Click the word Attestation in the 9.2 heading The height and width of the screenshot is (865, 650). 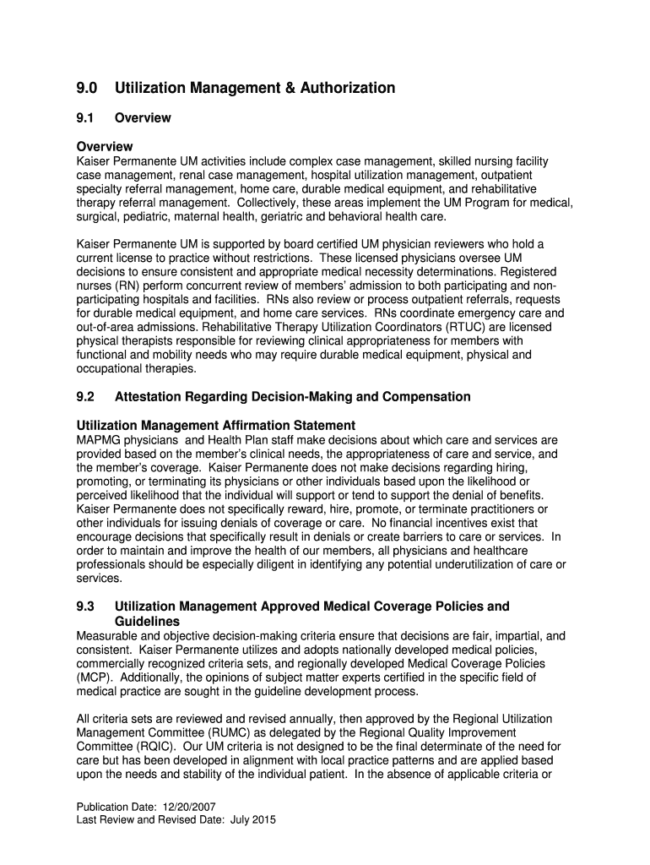[146, 397]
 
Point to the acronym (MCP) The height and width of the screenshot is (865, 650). [92, 677]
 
